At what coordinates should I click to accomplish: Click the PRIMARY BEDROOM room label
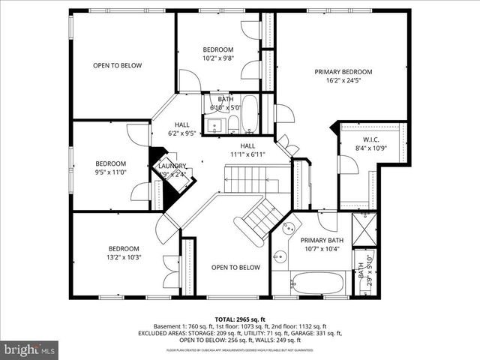pos(343,72)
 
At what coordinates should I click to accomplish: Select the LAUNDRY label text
pos(172,166)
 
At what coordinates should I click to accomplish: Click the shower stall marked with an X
pos(364,226)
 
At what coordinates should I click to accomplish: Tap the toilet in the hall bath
pos(233,124)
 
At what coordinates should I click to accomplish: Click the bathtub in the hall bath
pos(250,114)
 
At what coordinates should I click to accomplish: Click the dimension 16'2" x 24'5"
pos(343,81)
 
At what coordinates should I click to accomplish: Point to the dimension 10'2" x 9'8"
pos(218,58)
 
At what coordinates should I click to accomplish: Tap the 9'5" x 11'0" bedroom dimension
pos(110,172)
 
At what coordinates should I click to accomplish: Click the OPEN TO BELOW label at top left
pos(117,65)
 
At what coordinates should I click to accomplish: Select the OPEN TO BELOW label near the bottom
pos(235,268)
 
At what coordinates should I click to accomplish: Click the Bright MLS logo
pos(30,349)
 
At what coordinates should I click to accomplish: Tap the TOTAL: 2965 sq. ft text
pos(240,319)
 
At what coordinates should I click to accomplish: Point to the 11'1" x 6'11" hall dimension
pos(247,154)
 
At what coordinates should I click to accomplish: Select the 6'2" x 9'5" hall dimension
pos(181,133)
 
